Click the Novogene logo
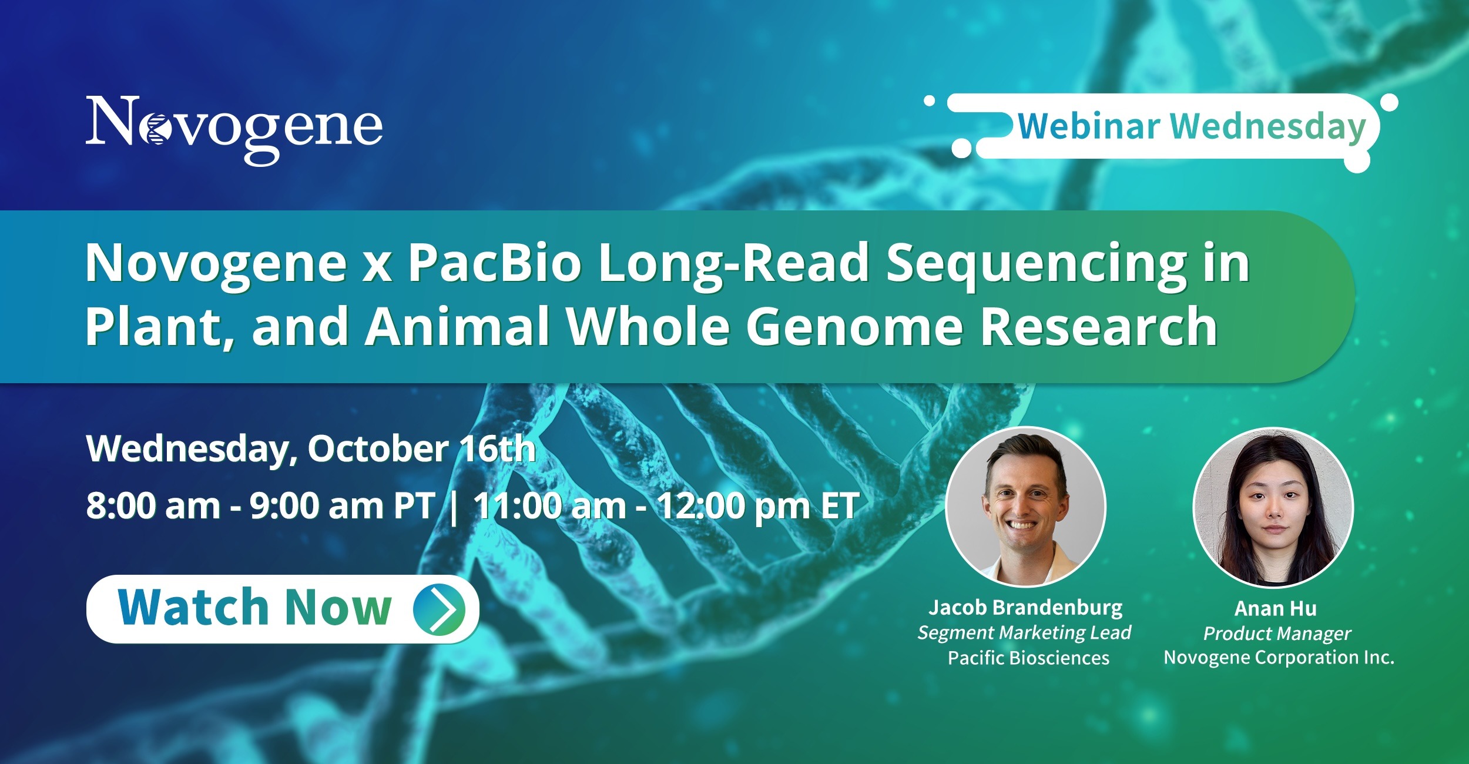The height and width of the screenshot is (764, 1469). click(x=234, y=130)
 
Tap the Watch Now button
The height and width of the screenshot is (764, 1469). click(x=283, y=609)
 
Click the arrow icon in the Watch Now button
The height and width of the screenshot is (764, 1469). click(x=439, y=609)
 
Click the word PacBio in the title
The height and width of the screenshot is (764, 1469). click(x=495, y=263)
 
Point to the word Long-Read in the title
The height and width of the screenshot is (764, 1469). click(x=733, y=264)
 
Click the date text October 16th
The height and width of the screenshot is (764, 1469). click(x=422, y=449)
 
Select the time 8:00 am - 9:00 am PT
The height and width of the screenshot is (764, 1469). click(x=260, y=505)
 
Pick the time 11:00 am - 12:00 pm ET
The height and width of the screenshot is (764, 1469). click(x=666, y=505)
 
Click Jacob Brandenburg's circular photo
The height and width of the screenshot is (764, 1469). click(x=1026, y=507)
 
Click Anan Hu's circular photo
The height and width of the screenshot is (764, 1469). click(x=1273, y=507)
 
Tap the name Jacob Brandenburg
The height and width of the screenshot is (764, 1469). click(x=1025, y=607)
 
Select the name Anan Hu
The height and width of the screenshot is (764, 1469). click(x=1276, y=608)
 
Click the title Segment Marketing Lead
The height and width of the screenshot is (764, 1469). click(x=1024, y=632)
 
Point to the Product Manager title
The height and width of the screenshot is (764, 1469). click(x=1277, y=634)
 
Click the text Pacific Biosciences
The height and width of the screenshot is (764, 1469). click(x=1028, y=658)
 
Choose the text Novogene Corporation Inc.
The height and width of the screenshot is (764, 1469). click(x=1279, y=657)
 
